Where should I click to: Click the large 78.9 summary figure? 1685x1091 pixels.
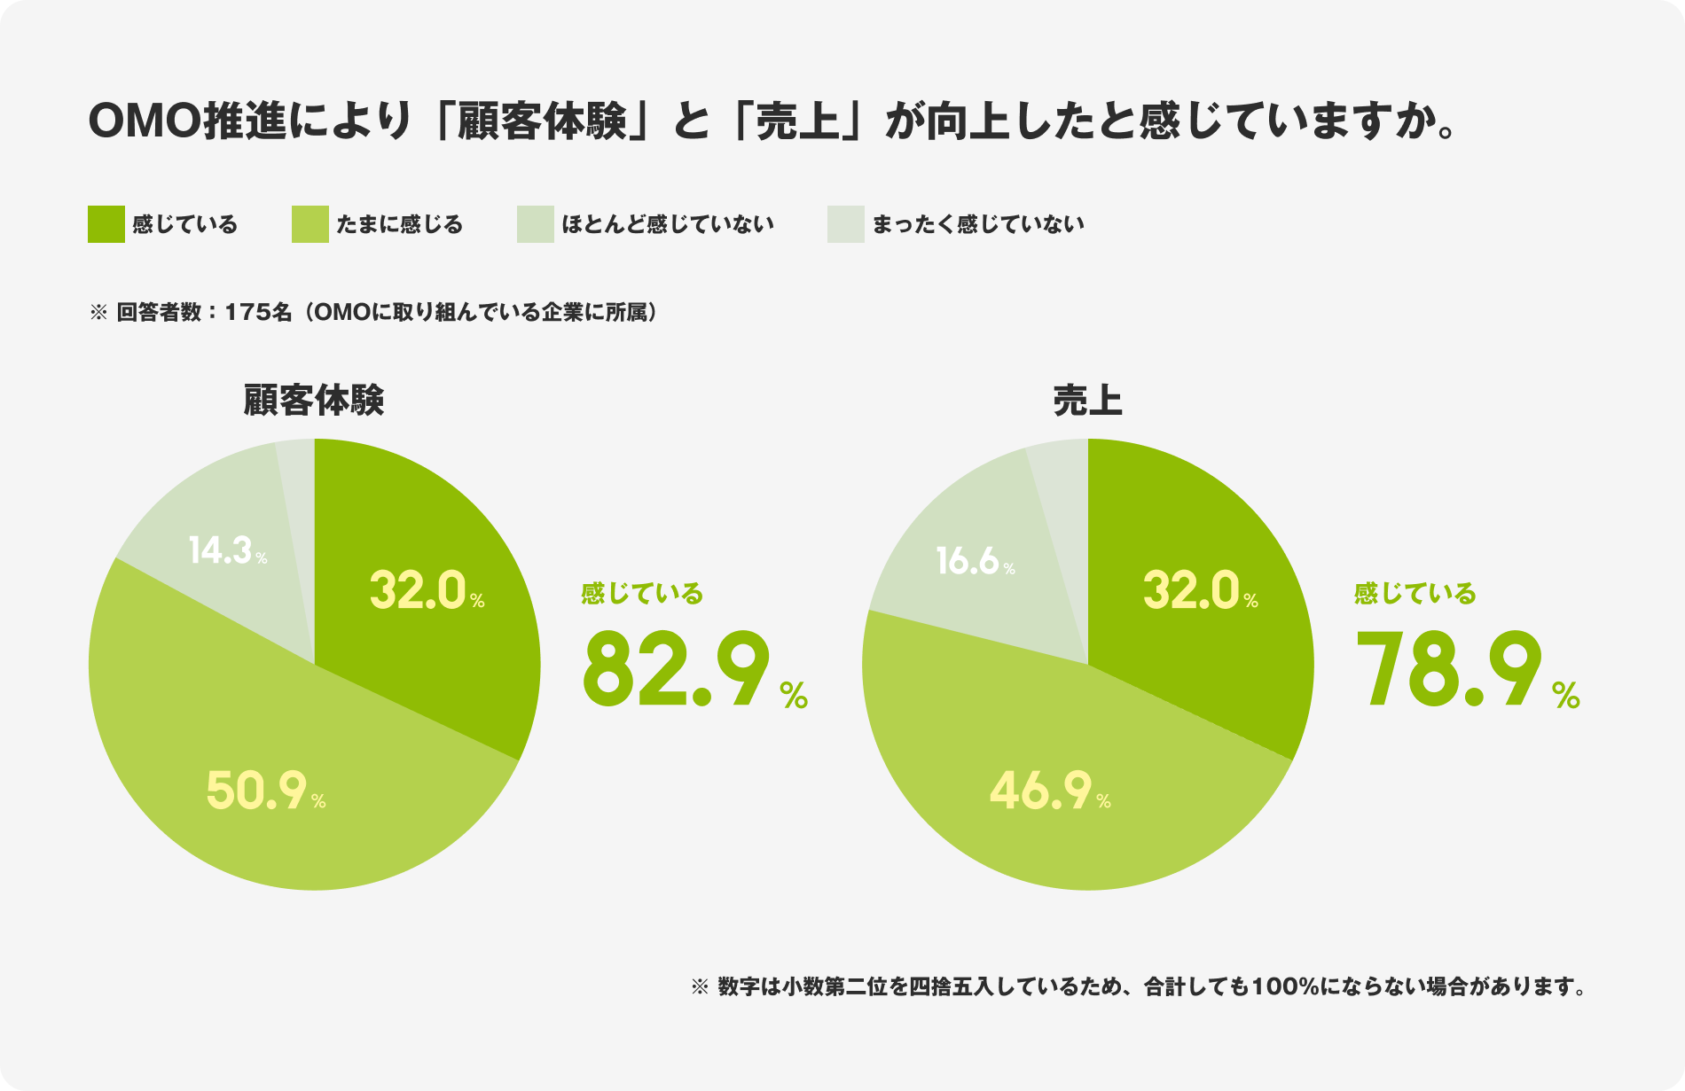1451,670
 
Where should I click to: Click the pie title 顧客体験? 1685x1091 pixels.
314,401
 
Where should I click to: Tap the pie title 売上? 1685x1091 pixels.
1087,401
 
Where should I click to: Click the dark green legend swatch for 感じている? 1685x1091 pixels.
106,224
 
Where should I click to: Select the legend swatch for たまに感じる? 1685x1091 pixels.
310,224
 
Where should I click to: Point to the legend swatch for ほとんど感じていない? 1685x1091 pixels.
536,224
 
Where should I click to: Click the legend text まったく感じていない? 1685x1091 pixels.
978,224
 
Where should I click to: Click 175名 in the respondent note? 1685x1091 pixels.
258,313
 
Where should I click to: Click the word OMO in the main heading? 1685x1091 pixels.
145,122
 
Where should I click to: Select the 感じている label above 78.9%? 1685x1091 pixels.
1415,593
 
